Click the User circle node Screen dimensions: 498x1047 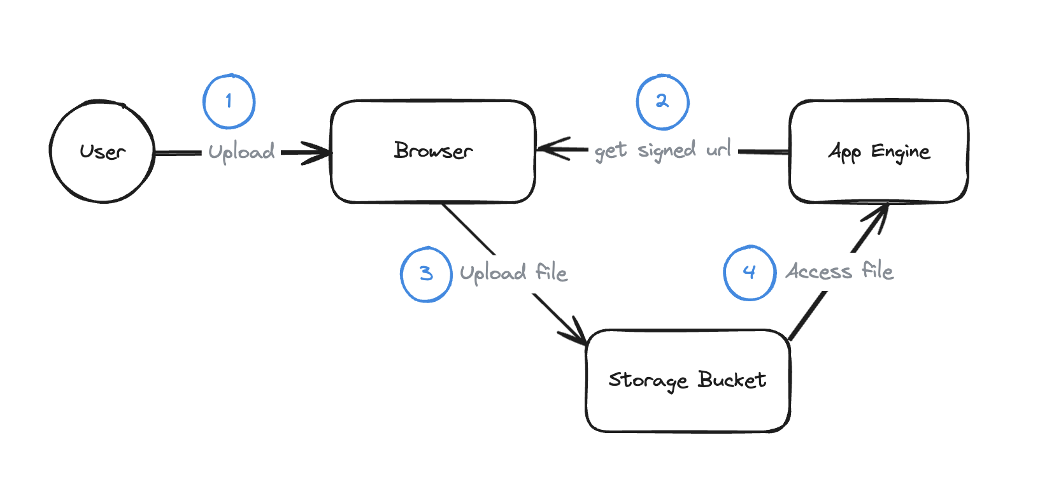102,152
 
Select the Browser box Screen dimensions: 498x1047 433,152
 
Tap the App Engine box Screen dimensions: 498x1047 879,152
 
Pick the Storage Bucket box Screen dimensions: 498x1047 688,381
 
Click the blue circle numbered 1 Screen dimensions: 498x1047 229,102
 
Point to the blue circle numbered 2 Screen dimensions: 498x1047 662,102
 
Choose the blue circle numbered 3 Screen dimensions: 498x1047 426,274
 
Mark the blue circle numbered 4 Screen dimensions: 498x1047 750,273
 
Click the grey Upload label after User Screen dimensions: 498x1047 241,152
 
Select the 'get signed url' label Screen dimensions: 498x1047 662,151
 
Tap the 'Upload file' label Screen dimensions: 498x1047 513,273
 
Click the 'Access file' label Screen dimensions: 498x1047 839,271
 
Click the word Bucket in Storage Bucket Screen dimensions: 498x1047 732,380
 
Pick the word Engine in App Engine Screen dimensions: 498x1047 901,152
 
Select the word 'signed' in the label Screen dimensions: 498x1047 666,151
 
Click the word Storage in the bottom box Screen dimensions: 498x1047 648,381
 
